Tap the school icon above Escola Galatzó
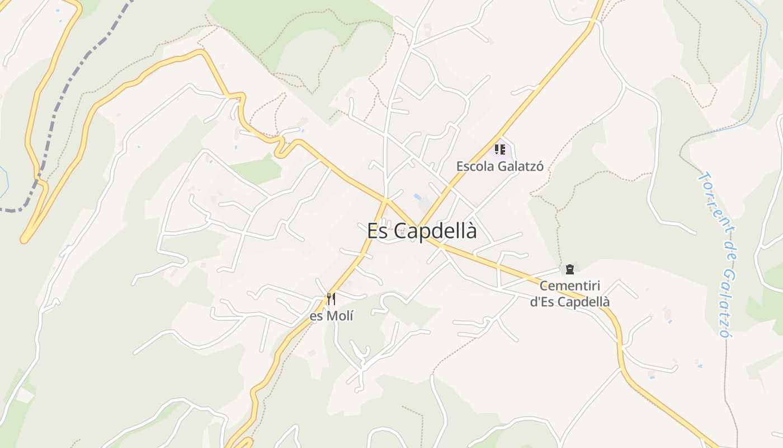tap(499, 150)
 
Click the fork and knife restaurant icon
tap(331, 298)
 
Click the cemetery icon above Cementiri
tap(569, 270)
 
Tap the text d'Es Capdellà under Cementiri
tap(569, 302)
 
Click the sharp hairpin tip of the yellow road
tap(23, 240)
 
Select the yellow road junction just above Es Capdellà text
tap(386, 199)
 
